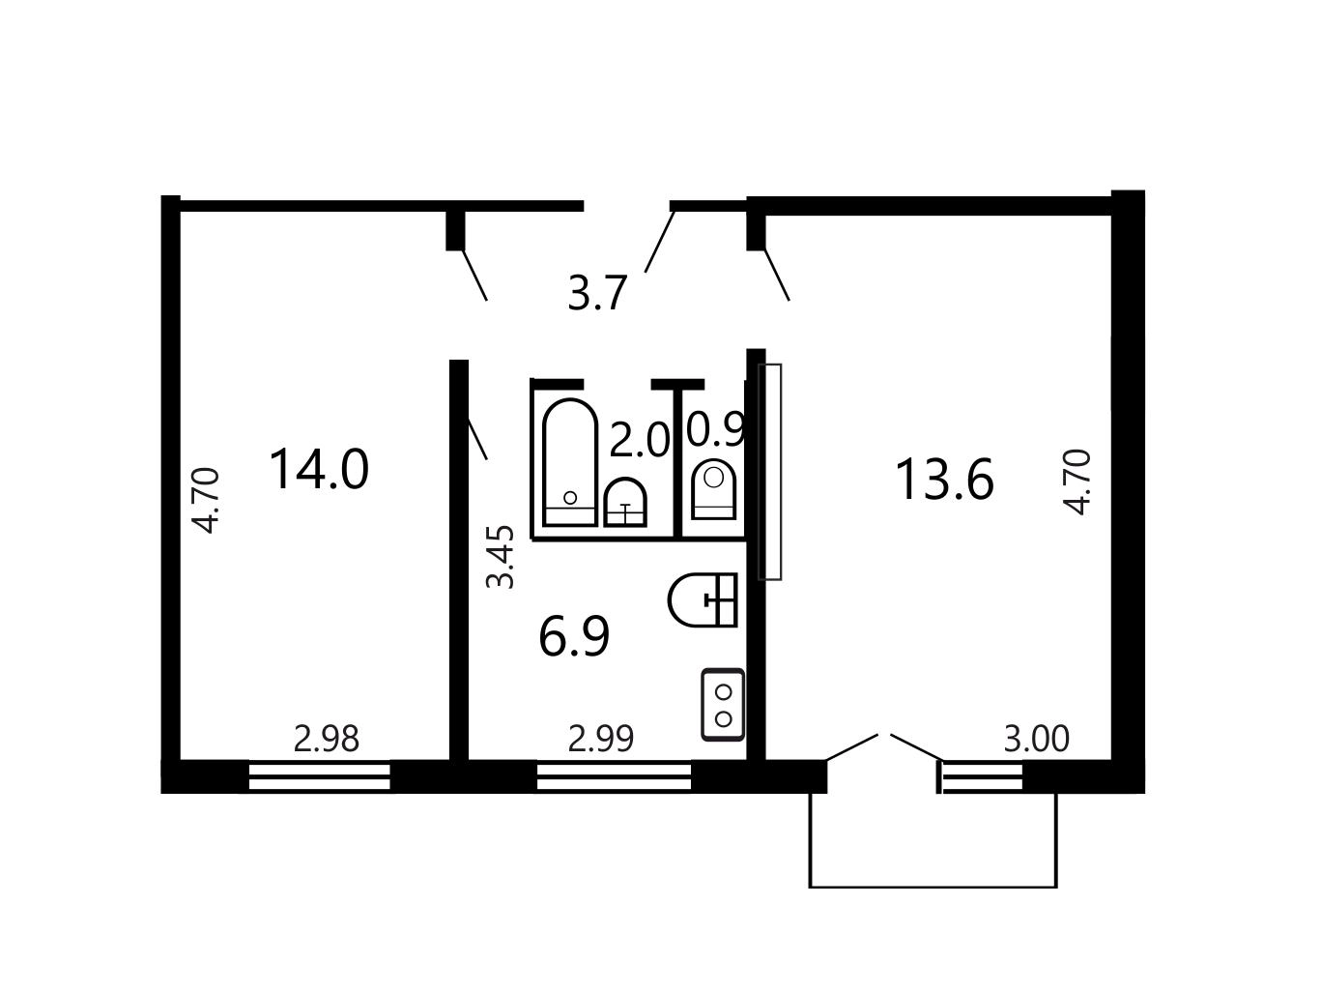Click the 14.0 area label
tap(319, 470)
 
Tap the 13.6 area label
tap(944, 480)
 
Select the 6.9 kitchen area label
tap(574, 636)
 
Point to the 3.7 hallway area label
tap(597, 293)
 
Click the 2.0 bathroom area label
tap(639, 440)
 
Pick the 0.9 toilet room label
tap(716, 430)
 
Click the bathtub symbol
tap(570, 462)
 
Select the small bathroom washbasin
tap(626, 503)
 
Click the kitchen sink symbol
tap(703, 599)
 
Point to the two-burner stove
tap(723, 704)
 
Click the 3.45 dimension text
tap(501, 557)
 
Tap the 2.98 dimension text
tap(327, 739)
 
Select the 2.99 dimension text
tap(601, 739)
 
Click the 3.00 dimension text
tap(1036, 739)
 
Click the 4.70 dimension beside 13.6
tap(1077, 482)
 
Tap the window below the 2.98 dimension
tap(320, 776)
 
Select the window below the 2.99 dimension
tap(614, 776)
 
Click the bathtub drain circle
tap(570, 498)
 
